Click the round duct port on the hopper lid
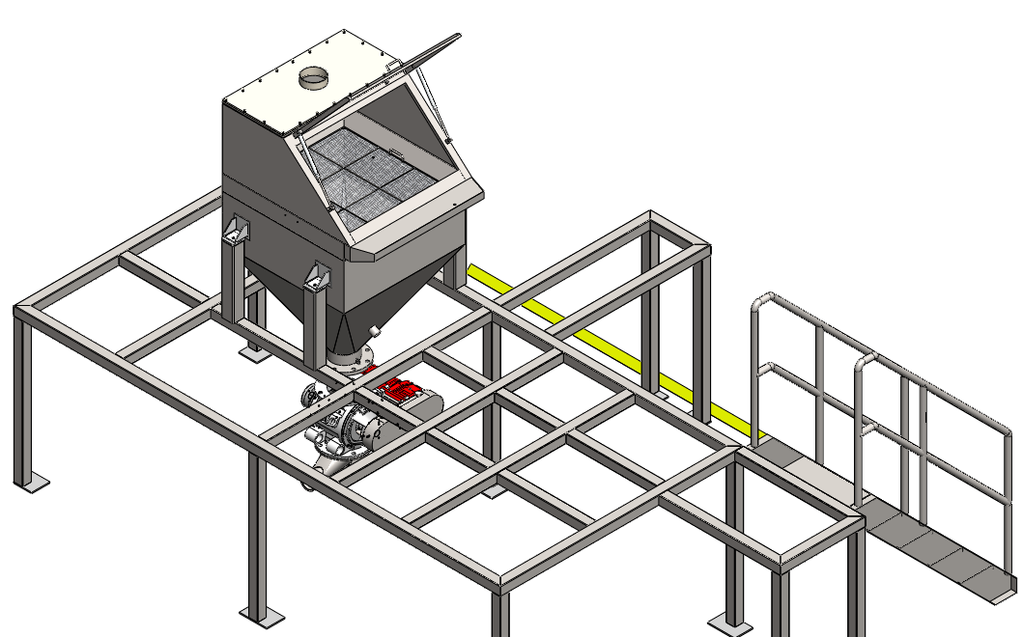(x=315, y=77)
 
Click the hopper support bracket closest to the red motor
(x=317, y=278)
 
